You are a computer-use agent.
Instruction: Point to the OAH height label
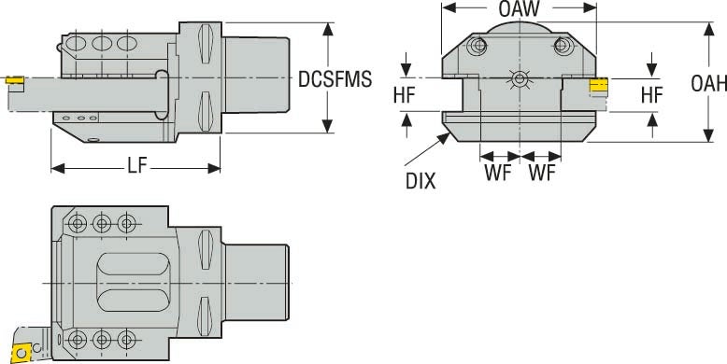pyautogui.click(x=708, y=84)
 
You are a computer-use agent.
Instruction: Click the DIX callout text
pyautogui.click(x=421, y=180)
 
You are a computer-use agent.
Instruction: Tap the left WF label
pyautogui.click(x=498, y=174)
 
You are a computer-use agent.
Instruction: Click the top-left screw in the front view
pyautogui.click(x=478, y=46)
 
